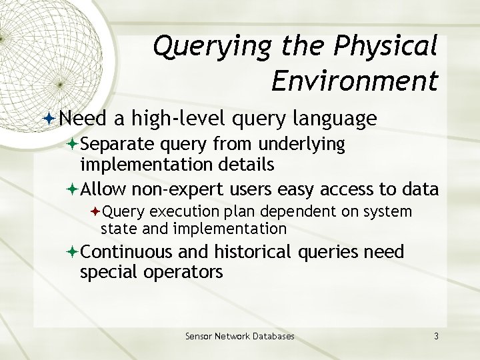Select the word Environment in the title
(x=355, y=81)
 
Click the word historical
(x=253, y=253)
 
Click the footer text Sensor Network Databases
(x=239, y=336)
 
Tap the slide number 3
(x=435, y=336)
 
